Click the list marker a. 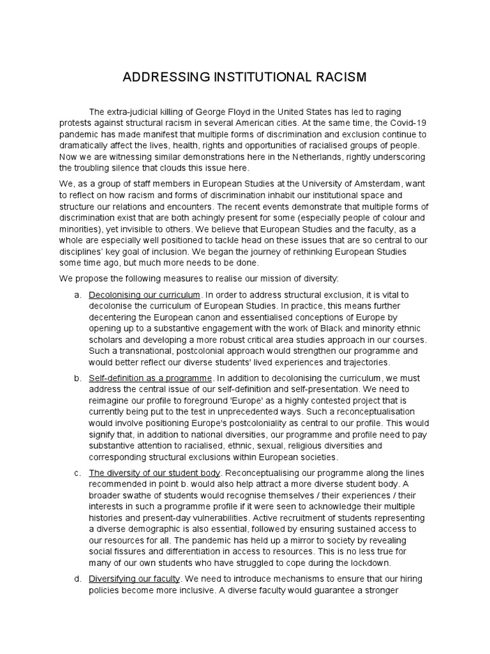point(77,295)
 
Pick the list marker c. point(77,473)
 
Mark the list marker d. point(77,579)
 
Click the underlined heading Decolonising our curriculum point(145,295)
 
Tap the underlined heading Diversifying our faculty point(135,579)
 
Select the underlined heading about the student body point(154,473)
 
